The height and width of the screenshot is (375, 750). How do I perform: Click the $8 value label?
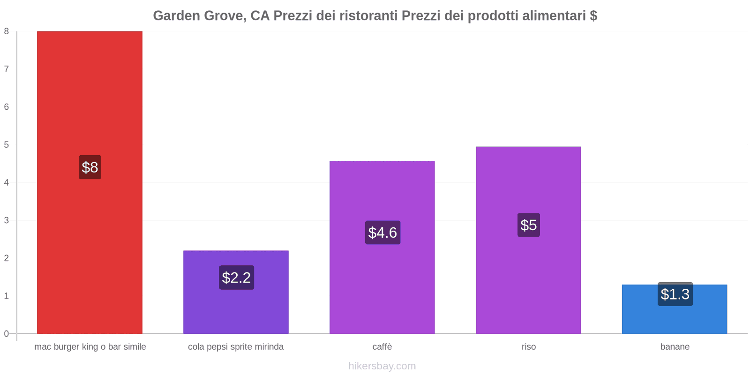tap(90, 167)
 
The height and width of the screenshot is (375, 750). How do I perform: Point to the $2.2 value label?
tap(236, 277)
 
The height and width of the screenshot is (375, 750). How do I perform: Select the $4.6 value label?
tap(382, 232)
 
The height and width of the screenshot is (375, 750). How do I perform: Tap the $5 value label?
tap(529, 225)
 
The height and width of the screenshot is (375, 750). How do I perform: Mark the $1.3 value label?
tap(675, 294)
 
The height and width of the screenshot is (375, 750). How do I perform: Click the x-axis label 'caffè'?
tap(382, 347)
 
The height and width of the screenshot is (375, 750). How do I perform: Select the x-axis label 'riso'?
tap(529, 347)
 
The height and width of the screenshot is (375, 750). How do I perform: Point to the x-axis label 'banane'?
tap(675, 347)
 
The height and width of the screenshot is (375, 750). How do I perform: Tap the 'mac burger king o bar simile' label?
tap(90, 347)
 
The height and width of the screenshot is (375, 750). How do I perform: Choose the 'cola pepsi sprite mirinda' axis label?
tap(236, 347)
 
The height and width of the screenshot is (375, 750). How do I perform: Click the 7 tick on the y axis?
tap(7, 69)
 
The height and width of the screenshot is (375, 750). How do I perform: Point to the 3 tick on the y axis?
tap(7, 220)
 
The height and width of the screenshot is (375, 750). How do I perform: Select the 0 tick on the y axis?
tap(7, 334)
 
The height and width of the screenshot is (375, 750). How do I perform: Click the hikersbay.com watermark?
tap(382, 366)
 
